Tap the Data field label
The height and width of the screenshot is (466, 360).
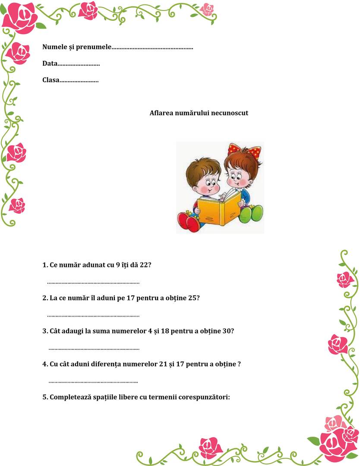click(x=50, y=63)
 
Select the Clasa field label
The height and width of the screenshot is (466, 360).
click(x=51, y=80)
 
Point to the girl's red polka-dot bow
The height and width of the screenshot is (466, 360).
click(x=245, y=151)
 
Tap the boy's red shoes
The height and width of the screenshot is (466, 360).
click(x=189, y=221)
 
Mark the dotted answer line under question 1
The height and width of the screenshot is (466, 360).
click(x=93, y=283)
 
